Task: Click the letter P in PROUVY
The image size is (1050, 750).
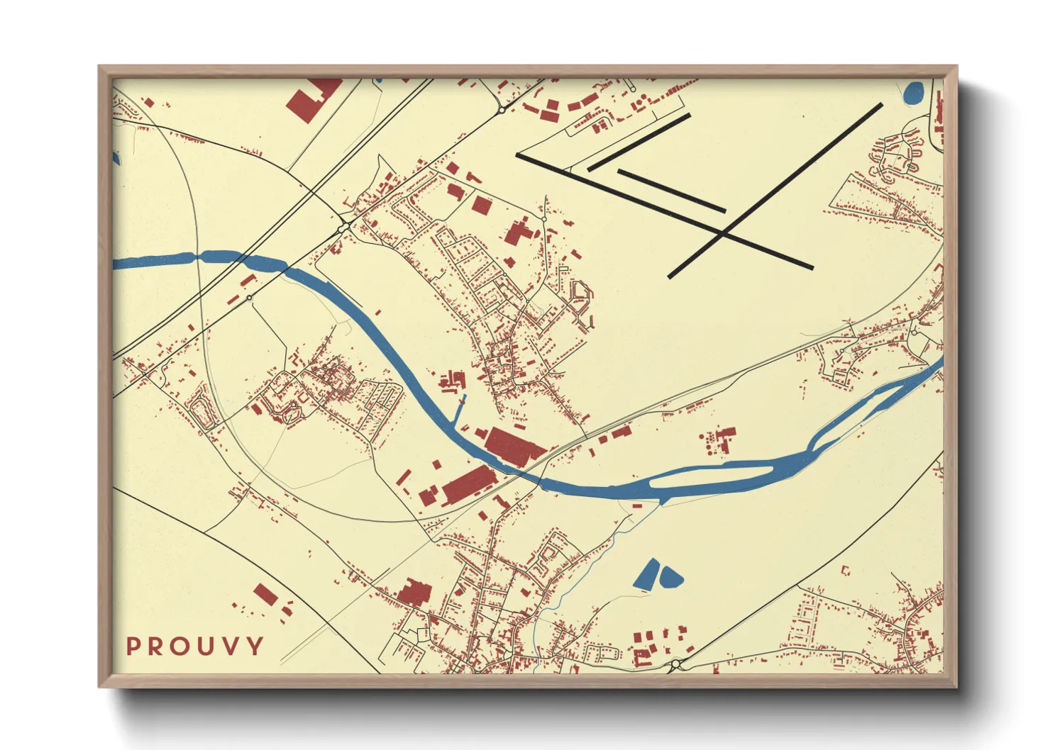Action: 133,647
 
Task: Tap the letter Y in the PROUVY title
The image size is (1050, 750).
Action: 255,647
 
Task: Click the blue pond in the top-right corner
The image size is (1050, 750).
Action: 914,91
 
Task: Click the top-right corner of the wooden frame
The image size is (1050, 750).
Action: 956,67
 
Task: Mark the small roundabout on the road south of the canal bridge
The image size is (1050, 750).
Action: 249,298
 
